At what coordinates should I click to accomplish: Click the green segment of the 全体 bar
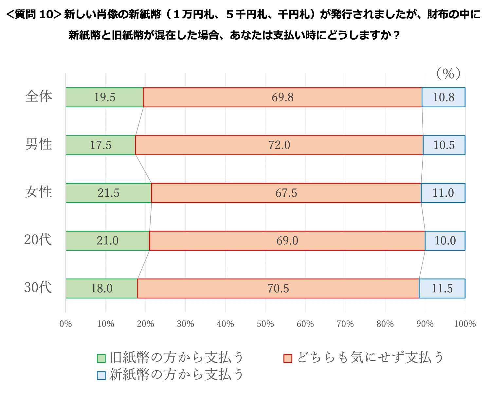[x=104, y=98]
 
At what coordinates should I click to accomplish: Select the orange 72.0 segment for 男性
[x=279, y=145]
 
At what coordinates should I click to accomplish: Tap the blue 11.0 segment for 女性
[x=443, y=193]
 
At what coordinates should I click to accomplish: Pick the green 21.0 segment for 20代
[x=107, y=241]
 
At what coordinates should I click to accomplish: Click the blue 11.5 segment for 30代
[x=442, y=289]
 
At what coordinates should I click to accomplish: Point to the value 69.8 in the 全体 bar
[x=282, y=98]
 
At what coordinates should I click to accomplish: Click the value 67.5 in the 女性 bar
[x=286, y=193]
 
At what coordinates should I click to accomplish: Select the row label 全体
[x=39, y=97]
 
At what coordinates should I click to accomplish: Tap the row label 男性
[x=39, y=144]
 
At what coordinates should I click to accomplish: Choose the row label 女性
[x=39, y=192]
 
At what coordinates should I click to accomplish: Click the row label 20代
[x=38, y=240]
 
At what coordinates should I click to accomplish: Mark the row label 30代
[x=38, y=288]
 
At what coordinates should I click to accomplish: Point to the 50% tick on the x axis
[x=265, y=324]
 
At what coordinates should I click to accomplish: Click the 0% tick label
[x=65, y=324]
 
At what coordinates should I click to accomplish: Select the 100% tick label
[x=465, y=324]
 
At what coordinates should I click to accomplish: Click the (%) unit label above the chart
[x=448, y=74]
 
